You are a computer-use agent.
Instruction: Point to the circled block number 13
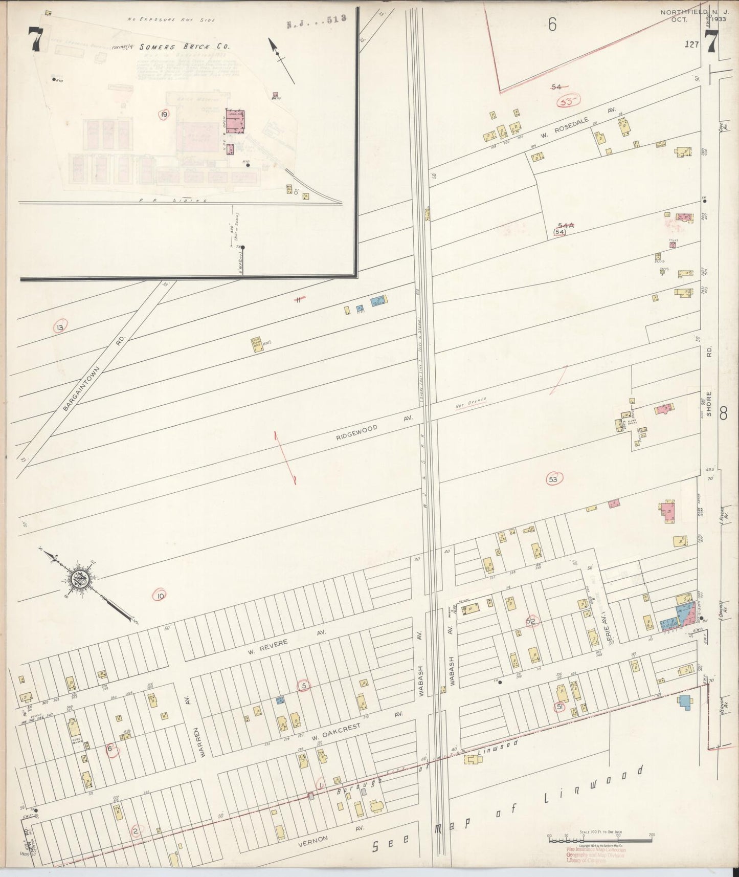tap(60, 327)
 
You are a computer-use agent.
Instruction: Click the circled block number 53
tap(553, 479)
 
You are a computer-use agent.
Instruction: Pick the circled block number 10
tap(161, 596)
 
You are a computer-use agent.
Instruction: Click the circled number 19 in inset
tap(163, 115)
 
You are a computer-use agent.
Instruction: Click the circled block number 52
tap(531, 621)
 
